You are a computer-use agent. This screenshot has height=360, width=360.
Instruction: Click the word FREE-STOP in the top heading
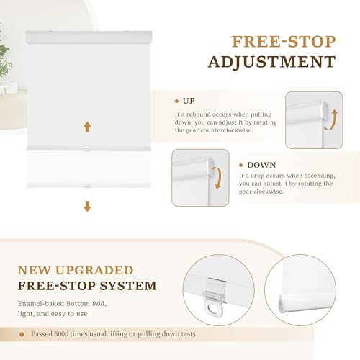(284, 42)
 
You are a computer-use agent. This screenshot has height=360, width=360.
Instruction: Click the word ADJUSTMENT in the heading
(271, 62)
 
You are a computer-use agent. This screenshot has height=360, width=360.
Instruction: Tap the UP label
(189, 101)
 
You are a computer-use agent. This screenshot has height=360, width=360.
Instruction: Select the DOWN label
(261, 165)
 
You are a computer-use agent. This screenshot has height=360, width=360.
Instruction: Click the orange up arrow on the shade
(87, 127)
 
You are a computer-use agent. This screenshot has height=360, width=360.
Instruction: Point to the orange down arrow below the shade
(87, 207)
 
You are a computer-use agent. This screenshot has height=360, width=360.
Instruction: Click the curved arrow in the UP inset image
(332, 120)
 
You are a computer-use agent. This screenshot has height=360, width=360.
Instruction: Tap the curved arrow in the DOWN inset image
(217, 178)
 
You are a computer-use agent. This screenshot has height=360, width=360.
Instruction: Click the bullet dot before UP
(177, 102)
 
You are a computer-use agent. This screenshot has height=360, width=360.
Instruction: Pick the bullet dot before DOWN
(241, 165)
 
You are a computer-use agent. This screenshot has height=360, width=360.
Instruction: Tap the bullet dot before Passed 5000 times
(22, 334)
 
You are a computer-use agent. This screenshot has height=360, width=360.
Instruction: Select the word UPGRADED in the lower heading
(94, 270)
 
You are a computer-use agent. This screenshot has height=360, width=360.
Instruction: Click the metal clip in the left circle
(215, 297)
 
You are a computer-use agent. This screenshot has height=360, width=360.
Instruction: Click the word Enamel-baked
(41, 304)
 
